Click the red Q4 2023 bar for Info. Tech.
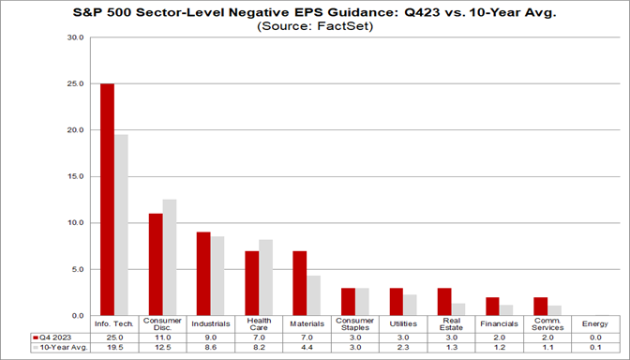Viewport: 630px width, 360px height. click(x=107, y=200)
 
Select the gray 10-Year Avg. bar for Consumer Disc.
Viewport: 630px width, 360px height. click(x=169, y=258)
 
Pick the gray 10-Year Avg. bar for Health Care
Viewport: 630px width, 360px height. click(x=265, y=277)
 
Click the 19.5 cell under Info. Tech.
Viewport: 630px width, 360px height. click(x=113, y=348)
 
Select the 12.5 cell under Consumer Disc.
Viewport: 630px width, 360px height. click(x=162, y=348)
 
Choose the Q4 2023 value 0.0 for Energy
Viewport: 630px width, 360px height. click(x=594, y=337)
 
